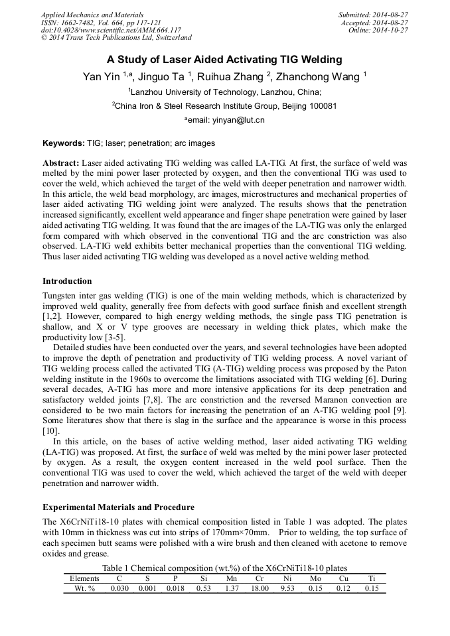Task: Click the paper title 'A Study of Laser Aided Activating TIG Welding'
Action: point(224,60)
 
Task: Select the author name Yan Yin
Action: point(102,77)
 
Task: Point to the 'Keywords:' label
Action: point(63,143)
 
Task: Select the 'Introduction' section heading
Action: point(67,281)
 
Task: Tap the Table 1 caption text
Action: point(224,568)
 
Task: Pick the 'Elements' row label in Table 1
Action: point(84,578)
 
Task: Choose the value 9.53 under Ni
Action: point(287,588)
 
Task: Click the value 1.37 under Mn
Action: point(231,588)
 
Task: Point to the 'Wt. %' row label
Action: point(84,588)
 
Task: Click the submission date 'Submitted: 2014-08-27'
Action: point(373,15)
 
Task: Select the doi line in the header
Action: point(111,31)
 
